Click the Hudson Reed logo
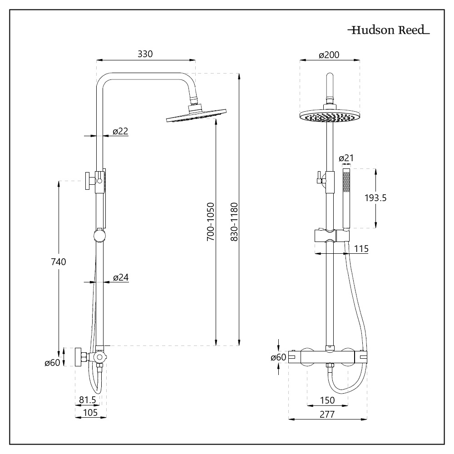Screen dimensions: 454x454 click(x=388, y=31)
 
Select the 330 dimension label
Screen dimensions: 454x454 click(x=145, y=54)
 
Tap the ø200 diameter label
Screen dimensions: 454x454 click(x=329, y=55)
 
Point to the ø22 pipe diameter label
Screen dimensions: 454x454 click(x=120, y=131)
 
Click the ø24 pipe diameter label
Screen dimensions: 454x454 click(x=120, y=277)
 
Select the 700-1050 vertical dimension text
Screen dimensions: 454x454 click(x=211, y=221)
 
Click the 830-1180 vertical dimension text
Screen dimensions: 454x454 click(x=234, y=221)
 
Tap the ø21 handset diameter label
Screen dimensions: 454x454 click(x=346, y=158)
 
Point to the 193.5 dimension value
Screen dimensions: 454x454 click(x=375, y=197)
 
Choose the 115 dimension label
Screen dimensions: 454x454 click(x=360, y=249)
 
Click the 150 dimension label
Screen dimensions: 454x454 click(x=327, y=400)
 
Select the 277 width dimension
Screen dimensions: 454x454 click(x=327, y=414)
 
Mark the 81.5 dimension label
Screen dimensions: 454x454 click(x=87, y=400)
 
